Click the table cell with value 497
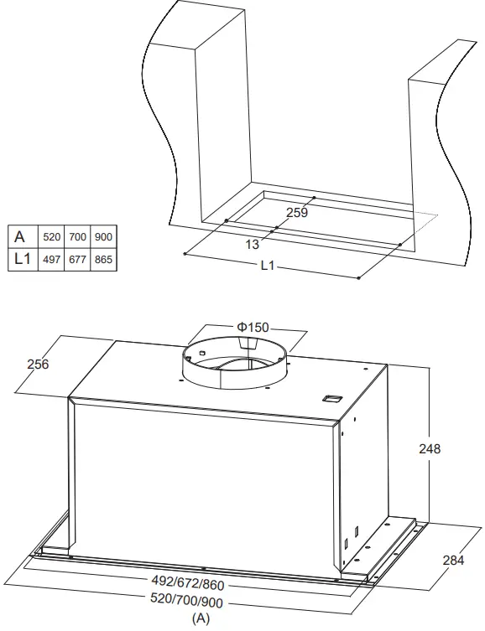(51, 261)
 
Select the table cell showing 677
(77, 261)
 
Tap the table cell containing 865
(103, 261)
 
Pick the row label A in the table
(21, 237)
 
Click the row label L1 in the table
(21, 261)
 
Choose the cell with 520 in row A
(51, 237)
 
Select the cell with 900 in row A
(103, 237)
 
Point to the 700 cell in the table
(77, 237)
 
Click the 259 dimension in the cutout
(297, 213)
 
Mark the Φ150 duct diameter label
(253, 327)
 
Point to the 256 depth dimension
(38, 365)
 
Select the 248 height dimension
(429, 448)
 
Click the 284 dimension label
(452, 560)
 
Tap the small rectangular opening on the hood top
(331, 397)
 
